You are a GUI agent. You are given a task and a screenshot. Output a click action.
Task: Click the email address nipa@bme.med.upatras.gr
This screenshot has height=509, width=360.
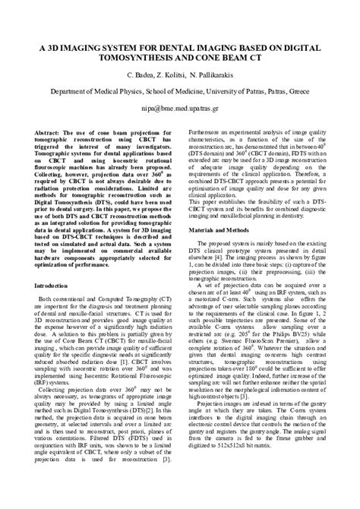pyautogui.click(x=179, y=108)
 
